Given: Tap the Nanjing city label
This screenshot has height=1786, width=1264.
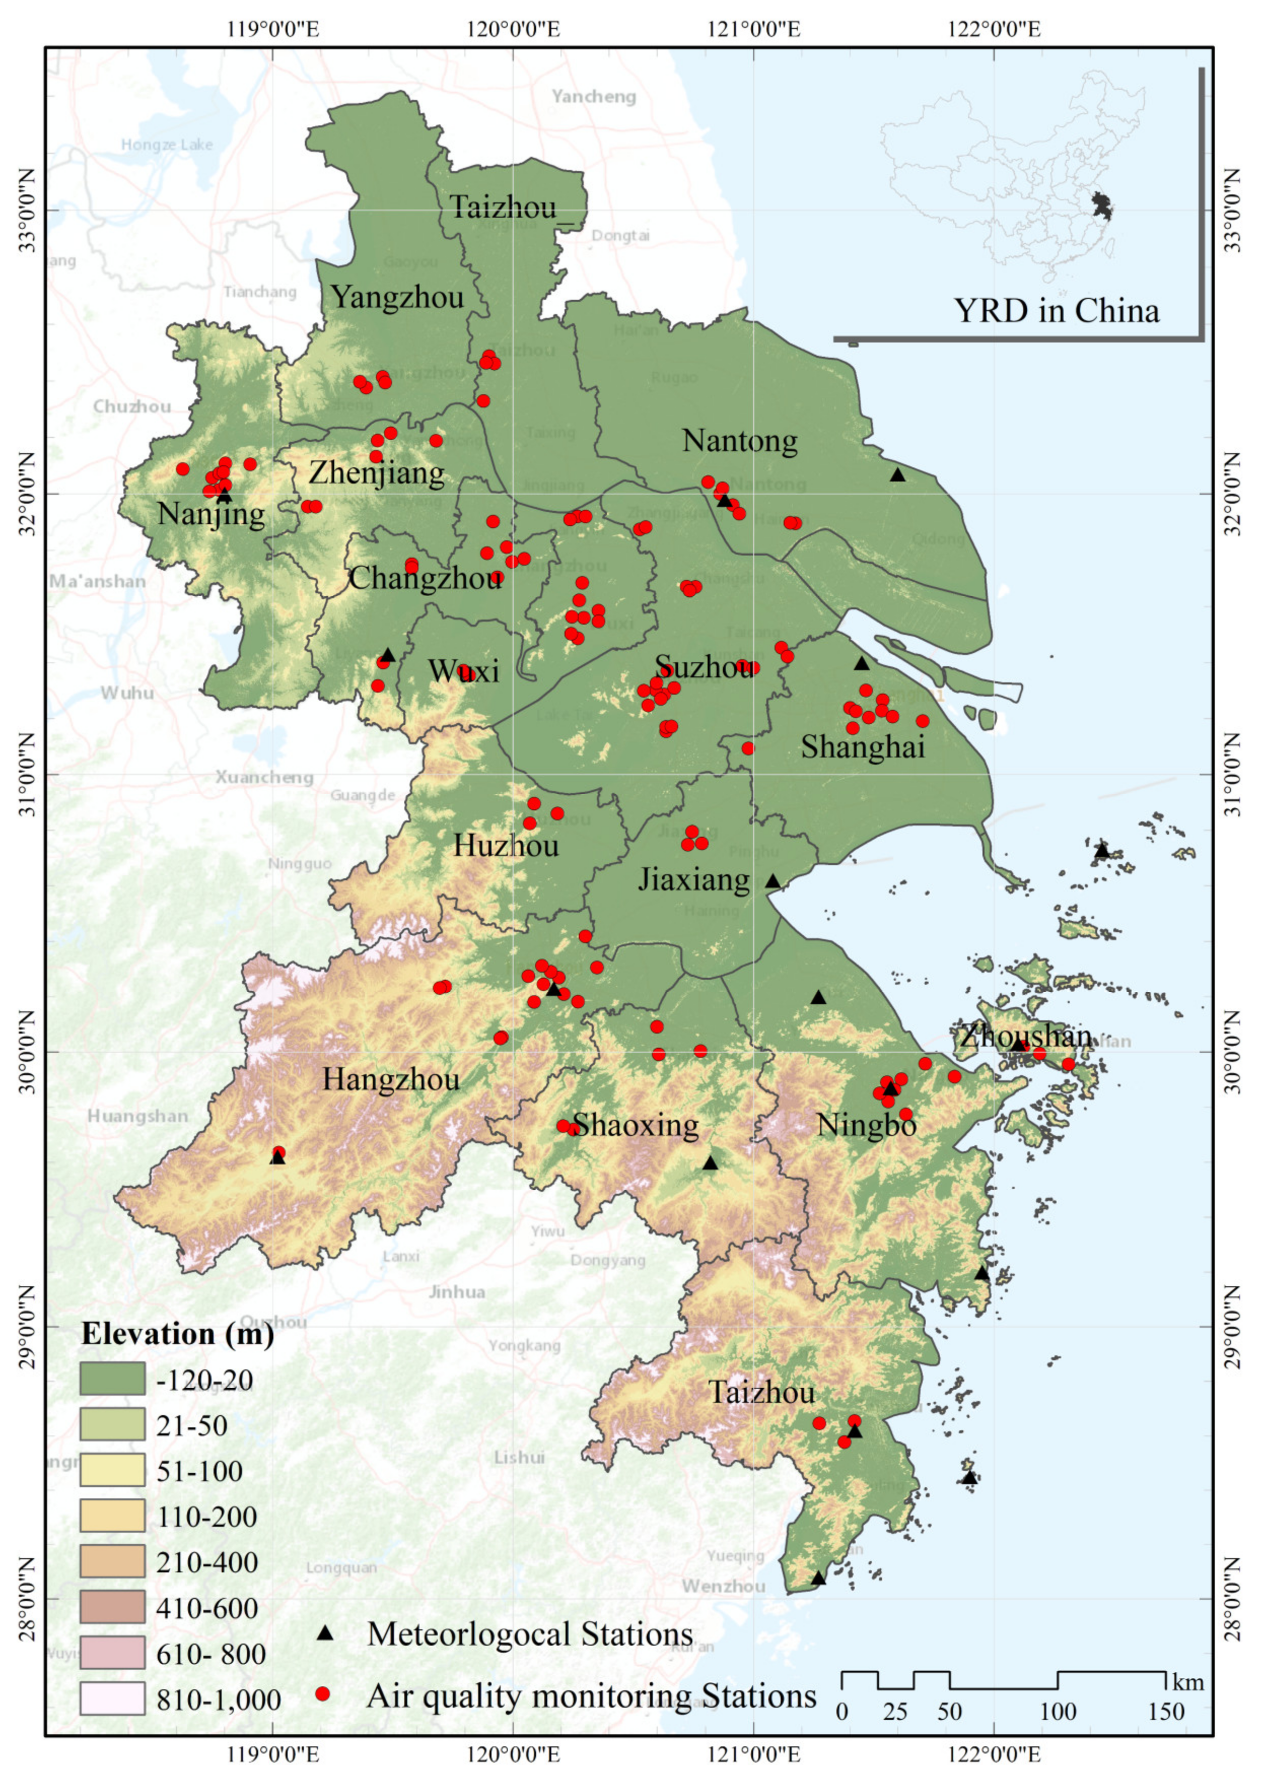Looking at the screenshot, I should coord(211,514).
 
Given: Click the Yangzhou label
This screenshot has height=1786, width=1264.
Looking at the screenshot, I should coord(397,297).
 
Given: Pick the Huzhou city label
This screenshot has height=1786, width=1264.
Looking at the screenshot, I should coord(506,845).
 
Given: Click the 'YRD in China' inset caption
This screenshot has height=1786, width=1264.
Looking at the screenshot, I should coord(1056,312).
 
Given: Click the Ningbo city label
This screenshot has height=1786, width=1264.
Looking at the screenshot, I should coord(866,1125).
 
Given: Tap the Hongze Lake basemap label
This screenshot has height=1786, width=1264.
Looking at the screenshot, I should coord(166,145).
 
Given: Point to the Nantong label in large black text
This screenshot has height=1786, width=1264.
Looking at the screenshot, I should coord(740,441).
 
